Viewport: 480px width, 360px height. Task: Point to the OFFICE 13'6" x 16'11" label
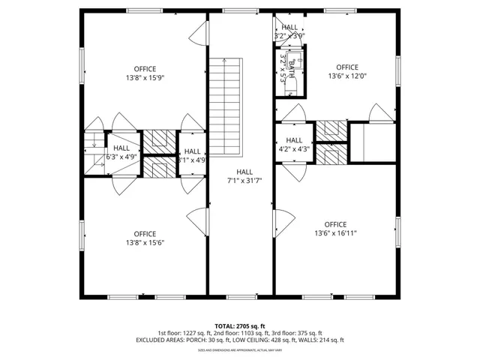pos(335,229)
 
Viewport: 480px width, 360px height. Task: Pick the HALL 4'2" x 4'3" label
pos(294,144)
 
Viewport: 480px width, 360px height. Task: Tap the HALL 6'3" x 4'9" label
pos(121,153)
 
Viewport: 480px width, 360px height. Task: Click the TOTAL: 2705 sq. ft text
pos(239,326)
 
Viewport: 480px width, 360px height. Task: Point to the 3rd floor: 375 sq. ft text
pos(298,333)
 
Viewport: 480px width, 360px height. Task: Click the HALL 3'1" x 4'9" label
pos(192,155)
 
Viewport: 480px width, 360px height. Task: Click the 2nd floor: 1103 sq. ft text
pos(239,333)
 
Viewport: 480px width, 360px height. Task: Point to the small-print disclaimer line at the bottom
pos(239,349)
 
